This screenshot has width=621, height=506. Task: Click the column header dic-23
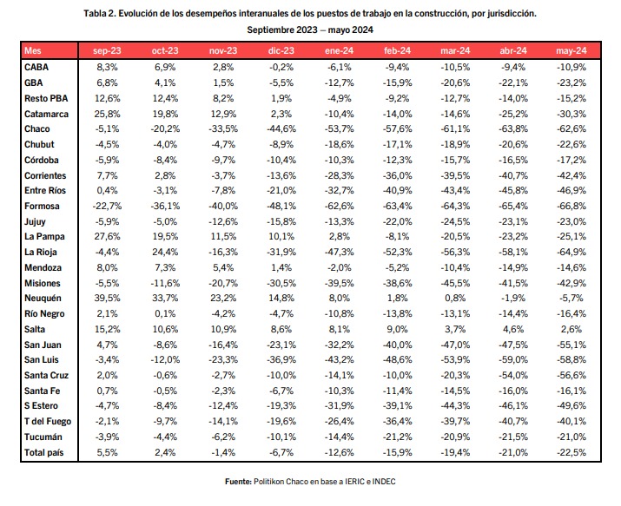coord(281,50)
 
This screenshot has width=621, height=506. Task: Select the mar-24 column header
coord(455,50)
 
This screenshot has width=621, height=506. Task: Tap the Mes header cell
coord(32,50)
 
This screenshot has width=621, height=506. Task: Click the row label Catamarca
coord(46,114)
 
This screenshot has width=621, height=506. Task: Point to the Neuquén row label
coord(43,299)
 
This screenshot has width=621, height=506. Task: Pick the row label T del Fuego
coord(48,421)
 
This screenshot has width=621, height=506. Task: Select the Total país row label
coord(44,452)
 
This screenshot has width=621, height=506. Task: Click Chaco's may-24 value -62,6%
coord(571,129)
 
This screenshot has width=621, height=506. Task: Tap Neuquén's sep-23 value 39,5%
coord(107,299)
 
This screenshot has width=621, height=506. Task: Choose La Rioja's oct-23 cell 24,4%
coord(165,252)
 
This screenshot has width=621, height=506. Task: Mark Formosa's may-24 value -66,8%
coord(571,206)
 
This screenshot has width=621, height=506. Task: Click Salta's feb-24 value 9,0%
coord(397,329)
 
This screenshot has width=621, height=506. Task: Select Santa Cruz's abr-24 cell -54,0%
coord(513,375)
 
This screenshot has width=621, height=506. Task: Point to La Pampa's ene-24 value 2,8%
coord(340,237)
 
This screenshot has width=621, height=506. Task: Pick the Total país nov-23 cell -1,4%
coord(223,452)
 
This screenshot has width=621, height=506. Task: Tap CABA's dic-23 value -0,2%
coord(281,67)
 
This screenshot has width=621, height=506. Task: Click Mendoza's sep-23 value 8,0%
coord(107,268)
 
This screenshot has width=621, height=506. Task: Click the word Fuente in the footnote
coord(238,482)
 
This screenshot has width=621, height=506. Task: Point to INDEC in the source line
coord(384,482)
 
